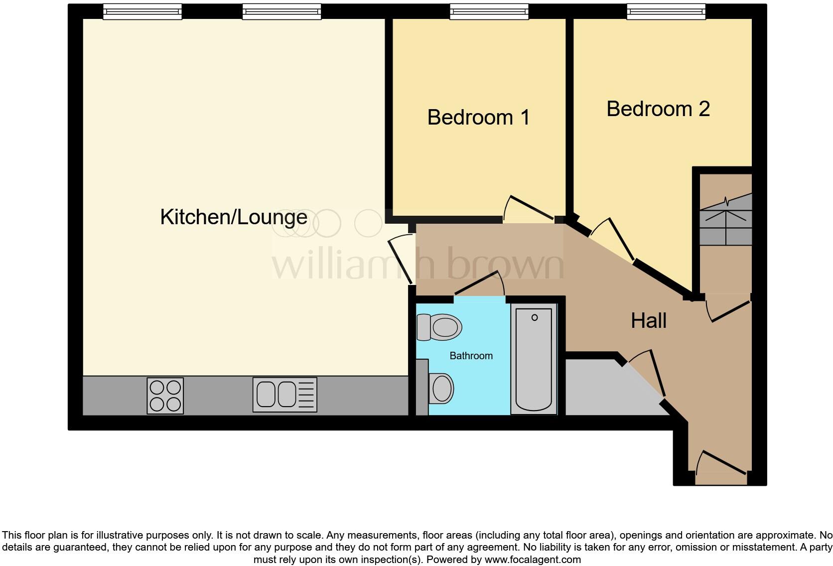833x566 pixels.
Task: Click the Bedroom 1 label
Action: [478, 118]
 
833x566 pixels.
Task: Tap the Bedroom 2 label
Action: [658, 109]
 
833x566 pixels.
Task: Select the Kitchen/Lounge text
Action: [234, 217]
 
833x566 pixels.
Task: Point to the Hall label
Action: [648, 321]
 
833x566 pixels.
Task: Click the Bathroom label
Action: [471, 356]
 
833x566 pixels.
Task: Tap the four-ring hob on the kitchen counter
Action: [165, 396]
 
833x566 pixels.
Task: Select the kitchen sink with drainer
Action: [284, 395]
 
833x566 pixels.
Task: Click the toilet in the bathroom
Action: [439, 327]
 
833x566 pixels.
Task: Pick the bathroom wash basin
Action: [440, 388]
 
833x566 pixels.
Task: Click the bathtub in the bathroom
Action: [534, 359]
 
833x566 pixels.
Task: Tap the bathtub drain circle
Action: [535, 317]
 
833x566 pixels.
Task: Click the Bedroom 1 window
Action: [489, 11]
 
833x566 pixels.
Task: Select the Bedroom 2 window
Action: [666, 11]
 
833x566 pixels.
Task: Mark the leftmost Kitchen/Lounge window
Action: [142, 11]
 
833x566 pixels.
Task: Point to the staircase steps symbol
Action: [726, 219]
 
